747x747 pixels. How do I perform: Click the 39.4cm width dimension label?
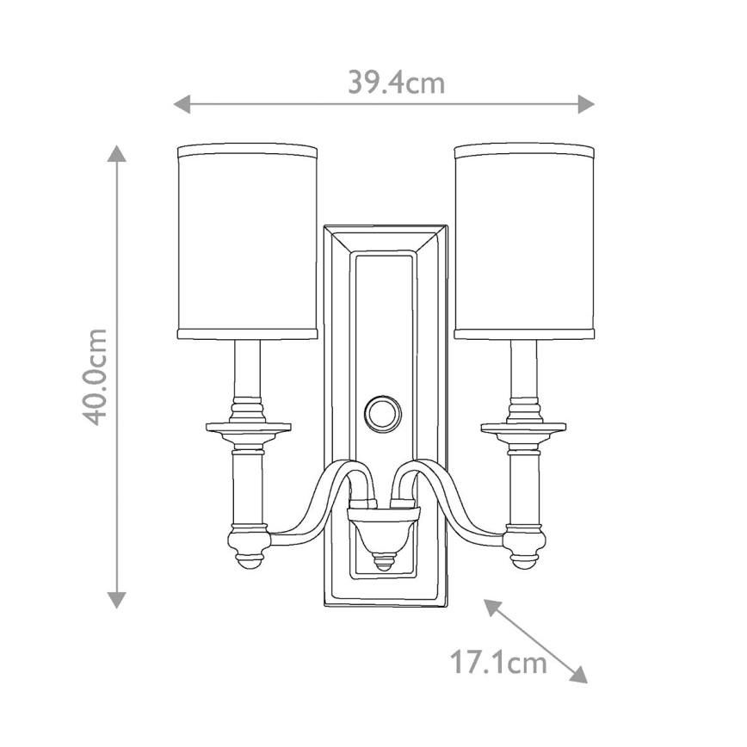click(396, 83)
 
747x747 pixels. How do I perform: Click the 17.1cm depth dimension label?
click(499, 662)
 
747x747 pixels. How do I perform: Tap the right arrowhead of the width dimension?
click(586, 105)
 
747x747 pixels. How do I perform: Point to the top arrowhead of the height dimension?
click(117, 153)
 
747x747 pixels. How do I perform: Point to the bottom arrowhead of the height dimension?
click(117, 600)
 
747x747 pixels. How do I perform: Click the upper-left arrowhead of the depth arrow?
click(491, 606)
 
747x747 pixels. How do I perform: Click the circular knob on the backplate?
click(383, 412)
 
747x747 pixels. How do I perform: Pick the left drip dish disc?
click(248, 428)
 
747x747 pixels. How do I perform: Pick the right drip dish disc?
click(523, 428)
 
